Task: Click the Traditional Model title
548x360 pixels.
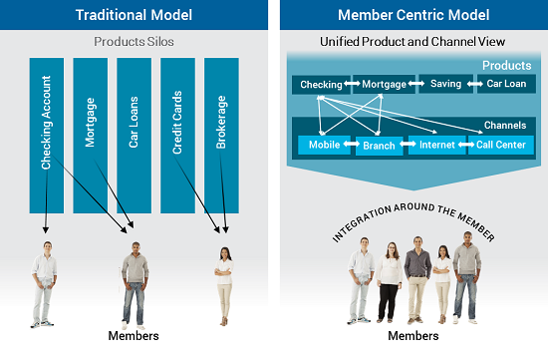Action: click(133, 17)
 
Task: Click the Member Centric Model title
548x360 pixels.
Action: click(413, 17)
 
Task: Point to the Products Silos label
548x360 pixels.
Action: click(134, 42)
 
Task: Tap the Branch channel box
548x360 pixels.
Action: click(380, 146)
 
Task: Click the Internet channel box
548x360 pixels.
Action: click(436, 146)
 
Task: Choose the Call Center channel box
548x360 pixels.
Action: click(500, 146)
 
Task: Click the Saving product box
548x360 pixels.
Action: click(445, 85)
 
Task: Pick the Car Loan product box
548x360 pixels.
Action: click(507, 85)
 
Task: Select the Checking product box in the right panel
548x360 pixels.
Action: click(321, 85)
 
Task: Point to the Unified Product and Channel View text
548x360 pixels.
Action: click(413, 42)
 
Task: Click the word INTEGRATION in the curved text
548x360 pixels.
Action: click(372, 225)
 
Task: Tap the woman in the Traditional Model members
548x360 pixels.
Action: click(224, 284)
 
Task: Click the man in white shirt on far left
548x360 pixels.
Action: click(43, 284)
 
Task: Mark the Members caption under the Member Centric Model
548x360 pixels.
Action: click(413, 336)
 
